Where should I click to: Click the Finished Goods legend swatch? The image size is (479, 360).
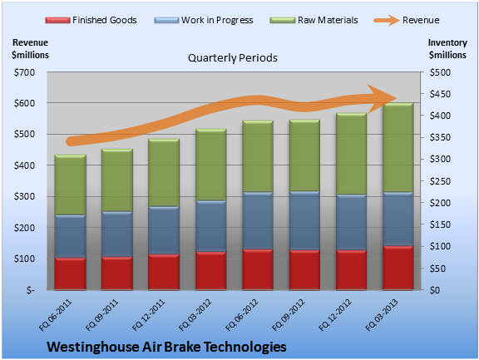[57, 20]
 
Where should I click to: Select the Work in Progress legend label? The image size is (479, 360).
[217, 20]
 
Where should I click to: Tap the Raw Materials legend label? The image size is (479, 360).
[328, 20]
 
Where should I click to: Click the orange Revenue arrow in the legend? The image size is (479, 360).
[387, 20]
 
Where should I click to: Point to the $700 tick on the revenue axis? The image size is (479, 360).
[24, 72]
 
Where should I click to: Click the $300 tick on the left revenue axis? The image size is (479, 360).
[24, 196]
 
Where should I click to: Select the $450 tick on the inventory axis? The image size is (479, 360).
[440, 94]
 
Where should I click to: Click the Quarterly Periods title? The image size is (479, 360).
[233, 57]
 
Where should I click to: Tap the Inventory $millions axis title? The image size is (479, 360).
[447, 49]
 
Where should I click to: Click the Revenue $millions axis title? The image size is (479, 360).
[30, 49]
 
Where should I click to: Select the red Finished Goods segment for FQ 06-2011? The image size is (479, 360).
[70, 274]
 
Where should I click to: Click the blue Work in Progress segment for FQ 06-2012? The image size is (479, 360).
[258, 220]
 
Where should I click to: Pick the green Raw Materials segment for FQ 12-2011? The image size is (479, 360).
[164, 173]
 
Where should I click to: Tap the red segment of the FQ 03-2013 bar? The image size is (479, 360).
[398, 268]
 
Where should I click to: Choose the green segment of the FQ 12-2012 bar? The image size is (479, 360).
[351, 154]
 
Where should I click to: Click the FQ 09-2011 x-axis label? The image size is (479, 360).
[101, 315]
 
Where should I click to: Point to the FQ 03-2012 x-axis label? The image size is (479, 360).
[195, 315]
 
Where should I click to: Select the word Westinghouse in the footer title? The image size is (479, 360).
[93, 347]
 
